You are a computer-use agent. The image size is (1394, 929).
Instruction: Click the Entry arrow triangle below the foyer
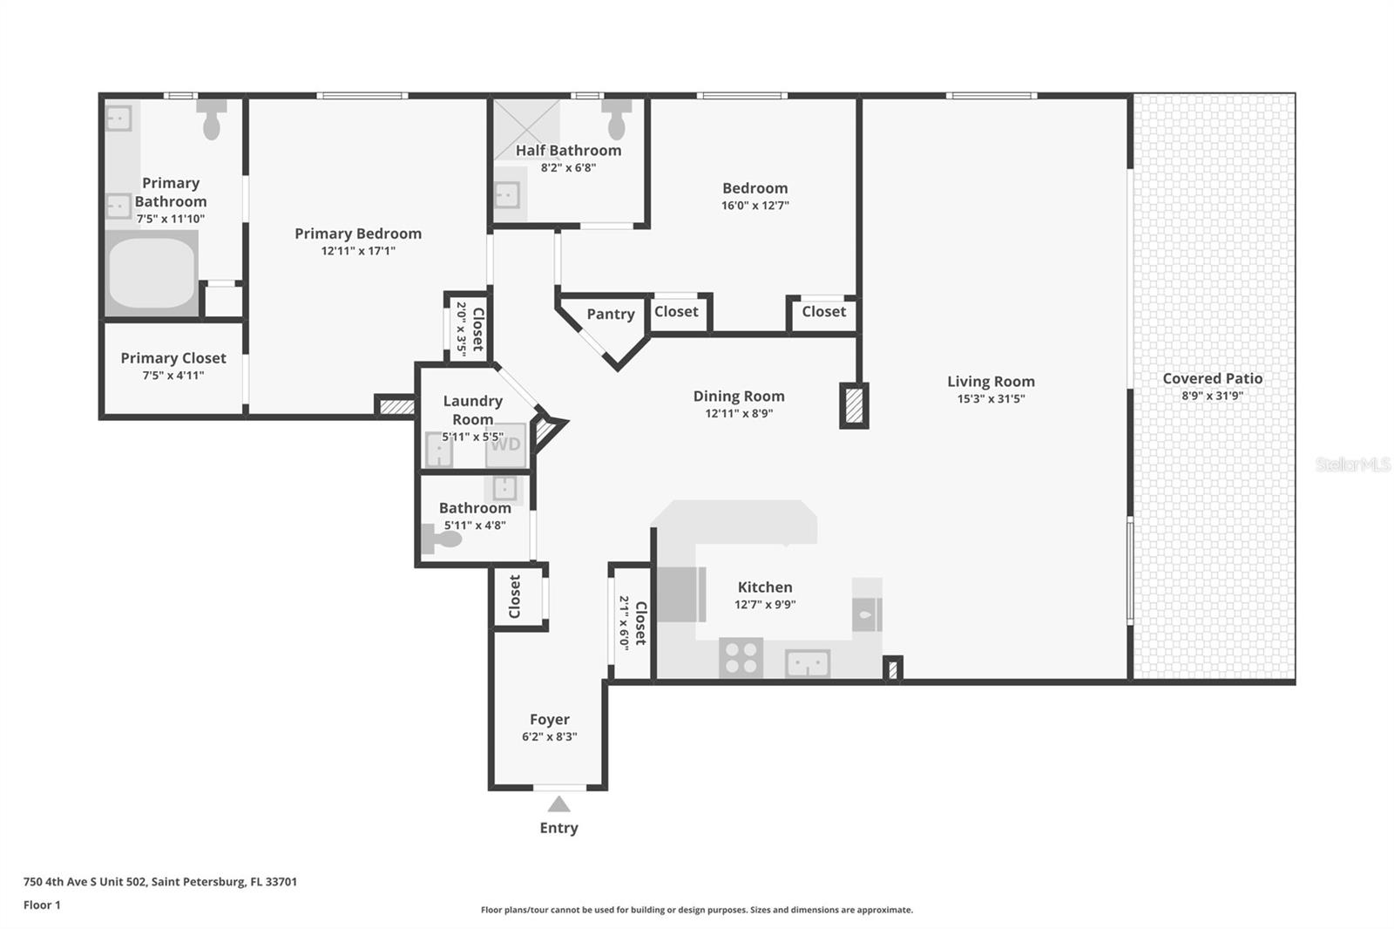point(558,804)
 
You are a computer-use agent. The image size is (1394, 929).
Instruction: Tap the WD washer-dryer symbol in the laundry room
point(505,444)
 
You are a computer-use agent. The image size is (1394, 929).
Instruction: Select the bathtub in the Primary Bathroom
point(152,272)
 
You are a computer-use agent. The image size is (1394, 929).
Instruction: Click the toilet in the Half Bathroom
point(617,119)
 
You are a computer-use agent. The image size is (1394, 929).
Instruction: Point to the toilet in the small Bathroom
point(441,539)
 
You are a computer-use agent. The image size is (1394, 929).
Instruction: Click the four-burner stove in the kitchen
point(741,657)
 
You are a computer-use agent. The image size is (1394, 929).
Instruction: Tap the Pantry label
point(610,314)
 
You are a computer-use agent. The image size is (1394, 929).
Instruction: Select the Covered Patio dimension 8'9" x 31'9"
point(1212,396)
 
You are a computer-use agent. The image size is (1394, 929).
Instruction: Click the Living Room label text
point(991,381)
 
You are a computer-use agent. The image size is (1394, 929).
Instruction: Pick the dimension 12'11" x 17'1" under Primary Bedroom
point(358,251)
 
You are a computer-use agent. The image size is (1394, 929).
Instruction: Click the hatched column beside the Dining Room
point(854,405)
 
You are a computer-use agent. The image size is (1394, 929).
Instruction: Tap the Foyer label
point(549,719)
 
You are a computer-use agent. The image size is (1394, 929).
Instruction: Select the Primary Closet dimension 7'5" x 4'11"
point(173,376)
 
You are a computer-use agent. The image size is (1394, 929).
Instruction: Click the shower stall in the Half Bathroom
point(525,128)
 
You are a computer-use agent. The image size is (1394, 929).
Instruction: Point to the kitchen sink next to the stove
point(808,664)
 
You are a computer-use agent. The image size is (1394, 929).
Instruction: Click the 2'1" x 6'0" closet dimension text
point(624,622)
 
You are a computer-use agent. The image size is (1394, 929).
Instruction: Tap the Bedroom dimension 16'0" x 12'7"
point(755,206)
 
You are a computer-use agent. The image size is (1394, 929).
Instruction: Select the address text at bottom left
point(160,881)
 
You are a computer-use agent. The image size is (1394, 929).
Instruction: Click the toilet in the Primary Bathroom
point(212,119)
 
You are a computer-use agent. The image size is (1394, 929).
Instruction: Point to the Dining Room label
point(739,396)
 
